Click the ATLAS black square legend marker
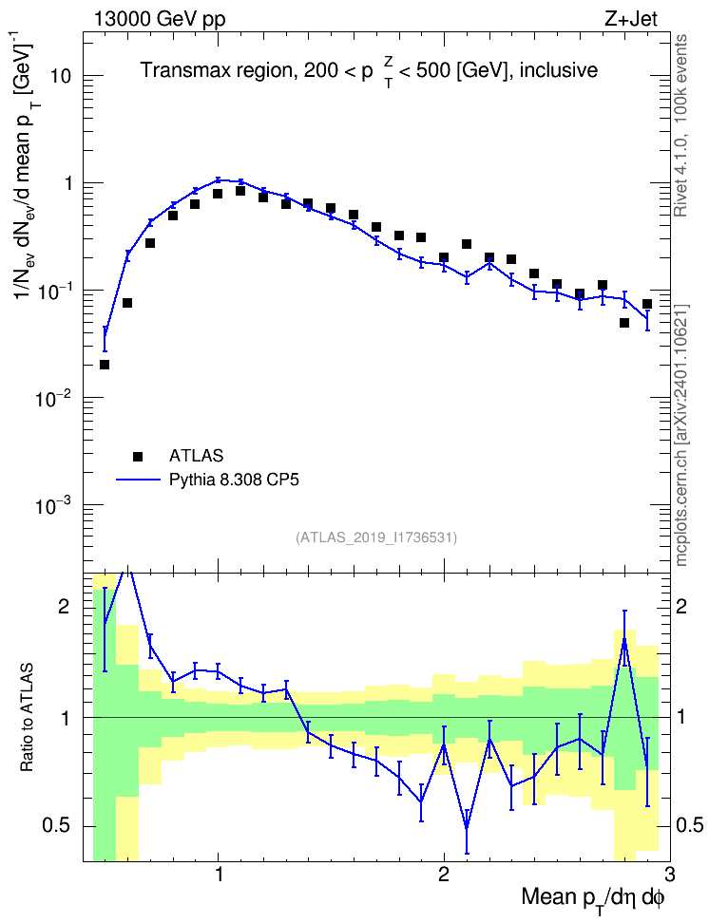pyautogui.click(x=138, y=456)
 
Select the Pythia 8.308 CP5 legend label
pyautogui.click(x=234, y=480)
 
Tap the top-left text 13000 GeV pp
pyautogui.click(x=160, y=19)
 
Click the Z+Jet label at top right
pyautogui.click(x=631, y=19)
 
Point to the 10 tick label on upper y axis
pyautogui.click(x=61, y=76)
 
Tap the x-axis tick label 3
pyautogui.click(x=669, y=874)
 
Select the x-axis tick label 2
pyautogui.click(x=444, y=874)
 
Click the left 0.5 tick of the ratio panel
pyautogui.click(x=57, y=826)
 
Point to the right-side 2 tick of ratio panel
pyautogui.click(x=681, y=606)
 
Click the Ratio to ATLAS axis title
pyautogui.click(x=27, y=718)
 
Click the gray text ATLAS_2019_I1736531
pyautogui.click(x=376, y=537)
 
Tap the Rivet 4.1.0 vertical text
pyautogui.click(x=680, y=125)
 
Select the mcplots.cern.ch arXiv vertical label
pyautogui.click(x=680, y=435)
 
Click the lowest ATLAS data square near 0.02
pyautogui.click(x=105, y=365)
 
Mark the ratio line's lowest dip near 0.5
pyautogui.click(x=467, y=826)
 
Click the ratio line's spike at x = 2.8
pyautogui.click(x=624, y=640)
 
